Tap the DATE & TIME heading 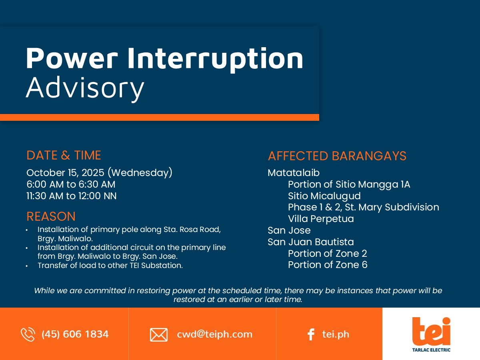pos(64,155)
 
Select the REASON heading pos(51,216)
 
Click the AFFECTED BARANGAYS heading pos(337,156)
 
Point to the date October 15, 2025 pos(65,173)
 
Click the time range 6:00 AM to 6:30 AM pos(71,184)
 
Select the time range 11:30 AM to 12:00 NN pos(72,196)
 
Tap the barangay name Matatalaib pos(294,173)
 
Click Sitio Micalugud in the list pos(324,196)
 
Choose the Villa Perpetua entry pos(321,219)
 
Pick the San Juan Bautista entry pos(310,242)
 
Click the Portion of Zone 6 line pos(328,265)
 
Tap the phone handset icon pos(28,334)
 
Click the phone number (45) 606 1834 pos(75,334)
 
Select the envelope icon pos(159,335)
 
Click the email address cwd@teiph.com pos(214,334)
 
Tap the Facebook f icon pos(311,334)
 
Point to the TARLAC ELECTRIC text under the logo pos(431,350)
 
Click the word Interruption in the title pos(215,59)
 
